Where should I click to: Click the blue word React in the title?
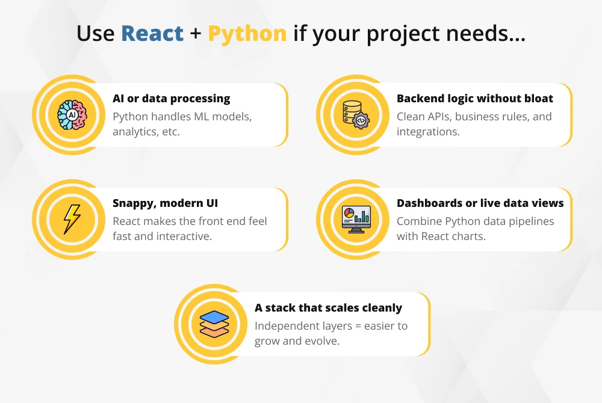pos(152,33)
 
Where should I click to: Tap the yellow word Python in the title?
pos(247,34)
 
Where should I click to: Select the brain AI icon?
pos(72,114)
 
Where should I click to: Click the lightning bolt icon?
pos(72,219)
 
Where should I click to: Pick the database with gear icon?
pos(355,114)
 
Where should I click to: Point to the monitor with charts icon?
pos(356,219)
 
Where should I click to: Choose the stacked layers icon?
pos(214,324)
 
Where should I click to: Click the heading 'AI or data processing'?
pos(171,99)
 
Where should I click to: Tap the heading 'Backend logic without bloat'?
pos(474,99)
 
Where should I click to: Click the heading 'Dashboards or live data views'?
pos(480,203)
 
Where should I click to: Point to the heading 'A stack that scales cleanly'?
pos(328,308)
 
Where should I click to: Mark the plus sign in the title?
pos(196,34)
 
